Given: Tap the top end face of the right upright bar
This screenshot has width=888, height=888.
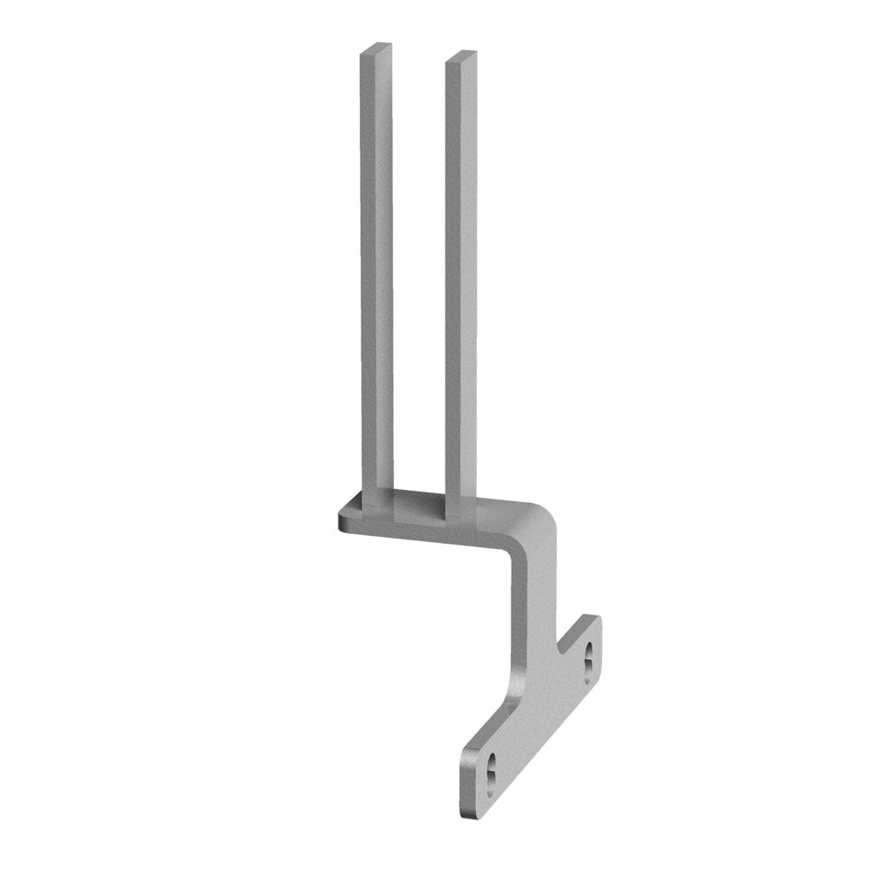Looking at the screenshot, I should (460, 58).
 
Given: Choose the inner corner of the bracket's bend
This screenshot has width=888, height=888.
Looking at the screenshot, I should (516, 555).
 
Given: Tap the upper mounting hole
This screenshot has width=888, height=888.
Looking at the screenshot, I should (589, 655).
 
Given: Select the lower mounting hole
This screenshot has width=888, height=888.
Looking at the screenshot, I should (491, 768).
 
